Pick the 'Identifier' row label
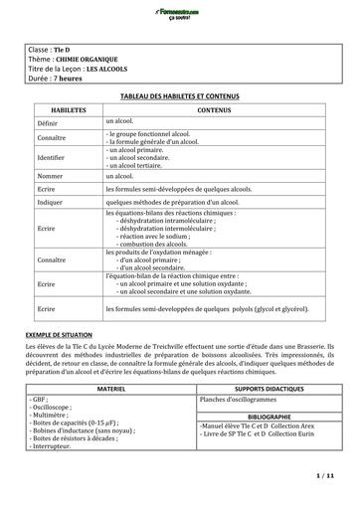tap(52, 156)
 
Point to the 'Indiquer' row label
tap(51, 200)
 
